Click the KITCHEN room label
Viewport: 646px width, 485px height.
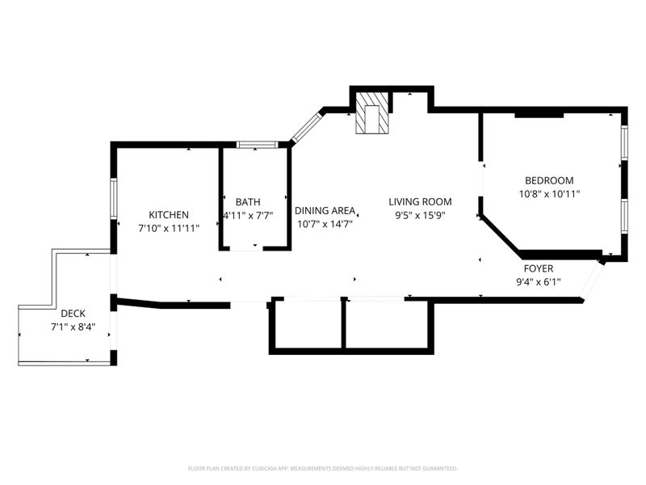[x=169, y=214]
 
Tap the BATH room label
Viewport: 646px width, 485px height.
[x=248, y=201]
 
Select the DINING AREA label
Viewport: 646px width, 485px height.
[x=325, y=210]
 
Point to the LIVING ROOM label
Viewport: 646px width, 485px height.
[x=420, y=201]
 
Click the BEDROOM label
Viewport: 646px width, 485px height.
[x=549, y=180]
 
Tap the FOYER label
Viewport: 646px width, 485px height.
[x=539, y=268]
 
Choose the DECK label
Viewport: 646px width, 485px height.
[x=73, y=314]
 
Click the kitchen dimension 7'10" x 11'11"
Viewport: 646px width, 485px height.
[x=169, y=228]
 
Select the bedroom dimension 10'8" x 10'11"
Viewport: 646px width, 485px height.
[x=550, y=193]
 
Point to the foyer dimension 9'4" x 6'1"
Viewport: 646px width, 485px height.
[x=539, y=281]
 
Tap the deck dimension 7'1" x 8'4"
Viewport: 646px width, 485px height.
[x=73, y=327]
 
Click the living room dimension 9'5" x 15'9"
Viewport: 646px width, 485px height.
[x=420, y=215]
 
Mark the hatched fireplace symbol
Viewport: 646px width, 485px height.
[x=372, y=113]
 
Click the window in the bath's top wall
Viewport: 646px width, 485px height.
[x=257, y=145]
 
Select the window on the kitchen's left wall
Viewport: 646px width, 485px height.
[x=114, y=198]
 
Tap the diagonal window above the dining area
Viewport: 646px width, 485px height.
[x=306, y=128]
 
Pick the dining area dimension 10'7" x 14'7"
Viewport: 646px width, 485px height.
[x=325, y=224]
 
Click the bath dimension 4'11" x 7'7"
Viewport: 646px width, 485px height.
[x=248, y=215]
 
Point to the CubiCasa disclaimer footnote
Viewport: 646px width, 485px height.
[x=322, y=469]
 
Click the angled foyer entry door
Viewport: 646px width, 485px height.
[x=591, y=279]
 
